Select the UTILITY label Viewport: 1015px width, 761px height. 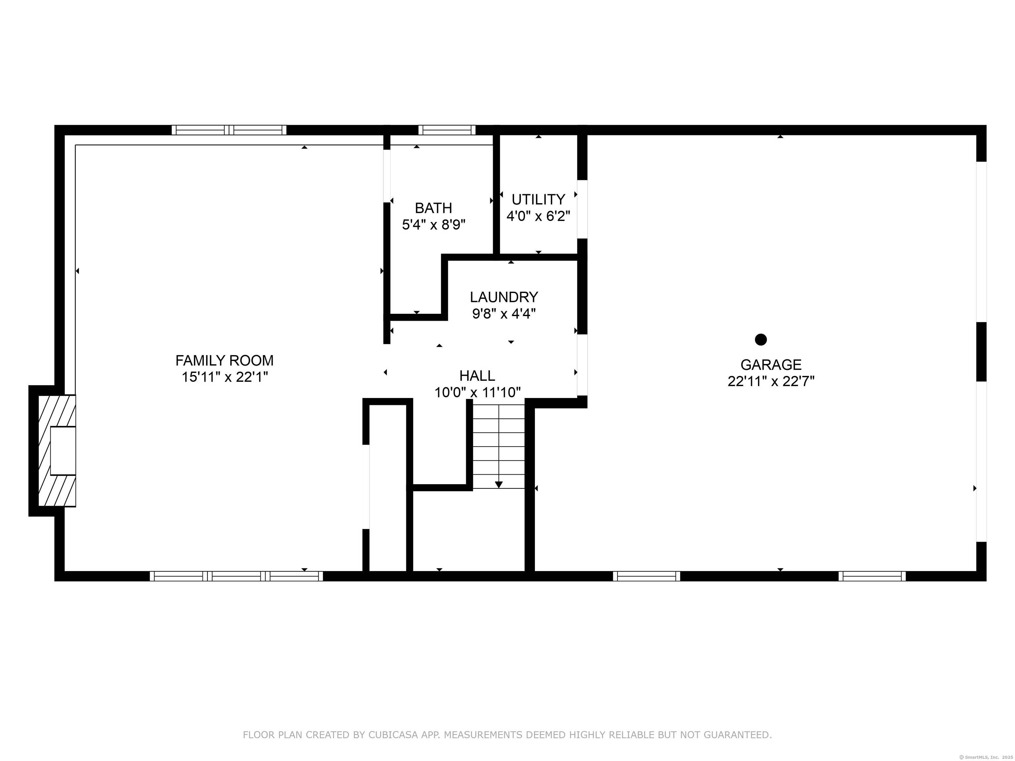coord(538,199)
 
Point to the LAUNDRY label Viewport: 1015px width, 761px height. coord(504,297)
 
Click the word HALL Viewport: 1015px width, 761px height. coord(477,376)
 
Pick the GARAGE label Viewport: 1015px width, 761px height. coord(771,364)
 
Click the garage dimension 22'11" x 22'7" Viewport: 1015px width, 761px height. coord(771,381)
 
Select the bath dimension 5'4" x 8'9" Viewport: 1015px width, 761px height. coord(433,225)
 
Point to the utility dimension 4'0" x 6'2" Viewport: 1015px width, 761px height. coord(538,216)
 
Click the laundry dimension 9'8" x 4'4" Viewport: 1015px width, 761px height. coord(504,314)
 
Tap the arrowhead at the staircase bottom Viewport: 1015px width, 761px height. coord(499,485)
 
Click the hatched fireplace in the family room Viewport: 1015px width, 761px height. coord(57,451)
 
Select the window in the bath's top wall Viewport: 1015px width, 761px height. coord(447,130)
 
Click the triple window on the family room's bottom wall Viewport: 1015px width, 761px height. coord(236,576)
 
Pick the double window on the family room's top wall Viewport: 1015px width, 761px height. coord(229,130)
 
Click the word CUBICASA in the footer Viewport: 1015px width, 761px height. coord(393,735)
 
